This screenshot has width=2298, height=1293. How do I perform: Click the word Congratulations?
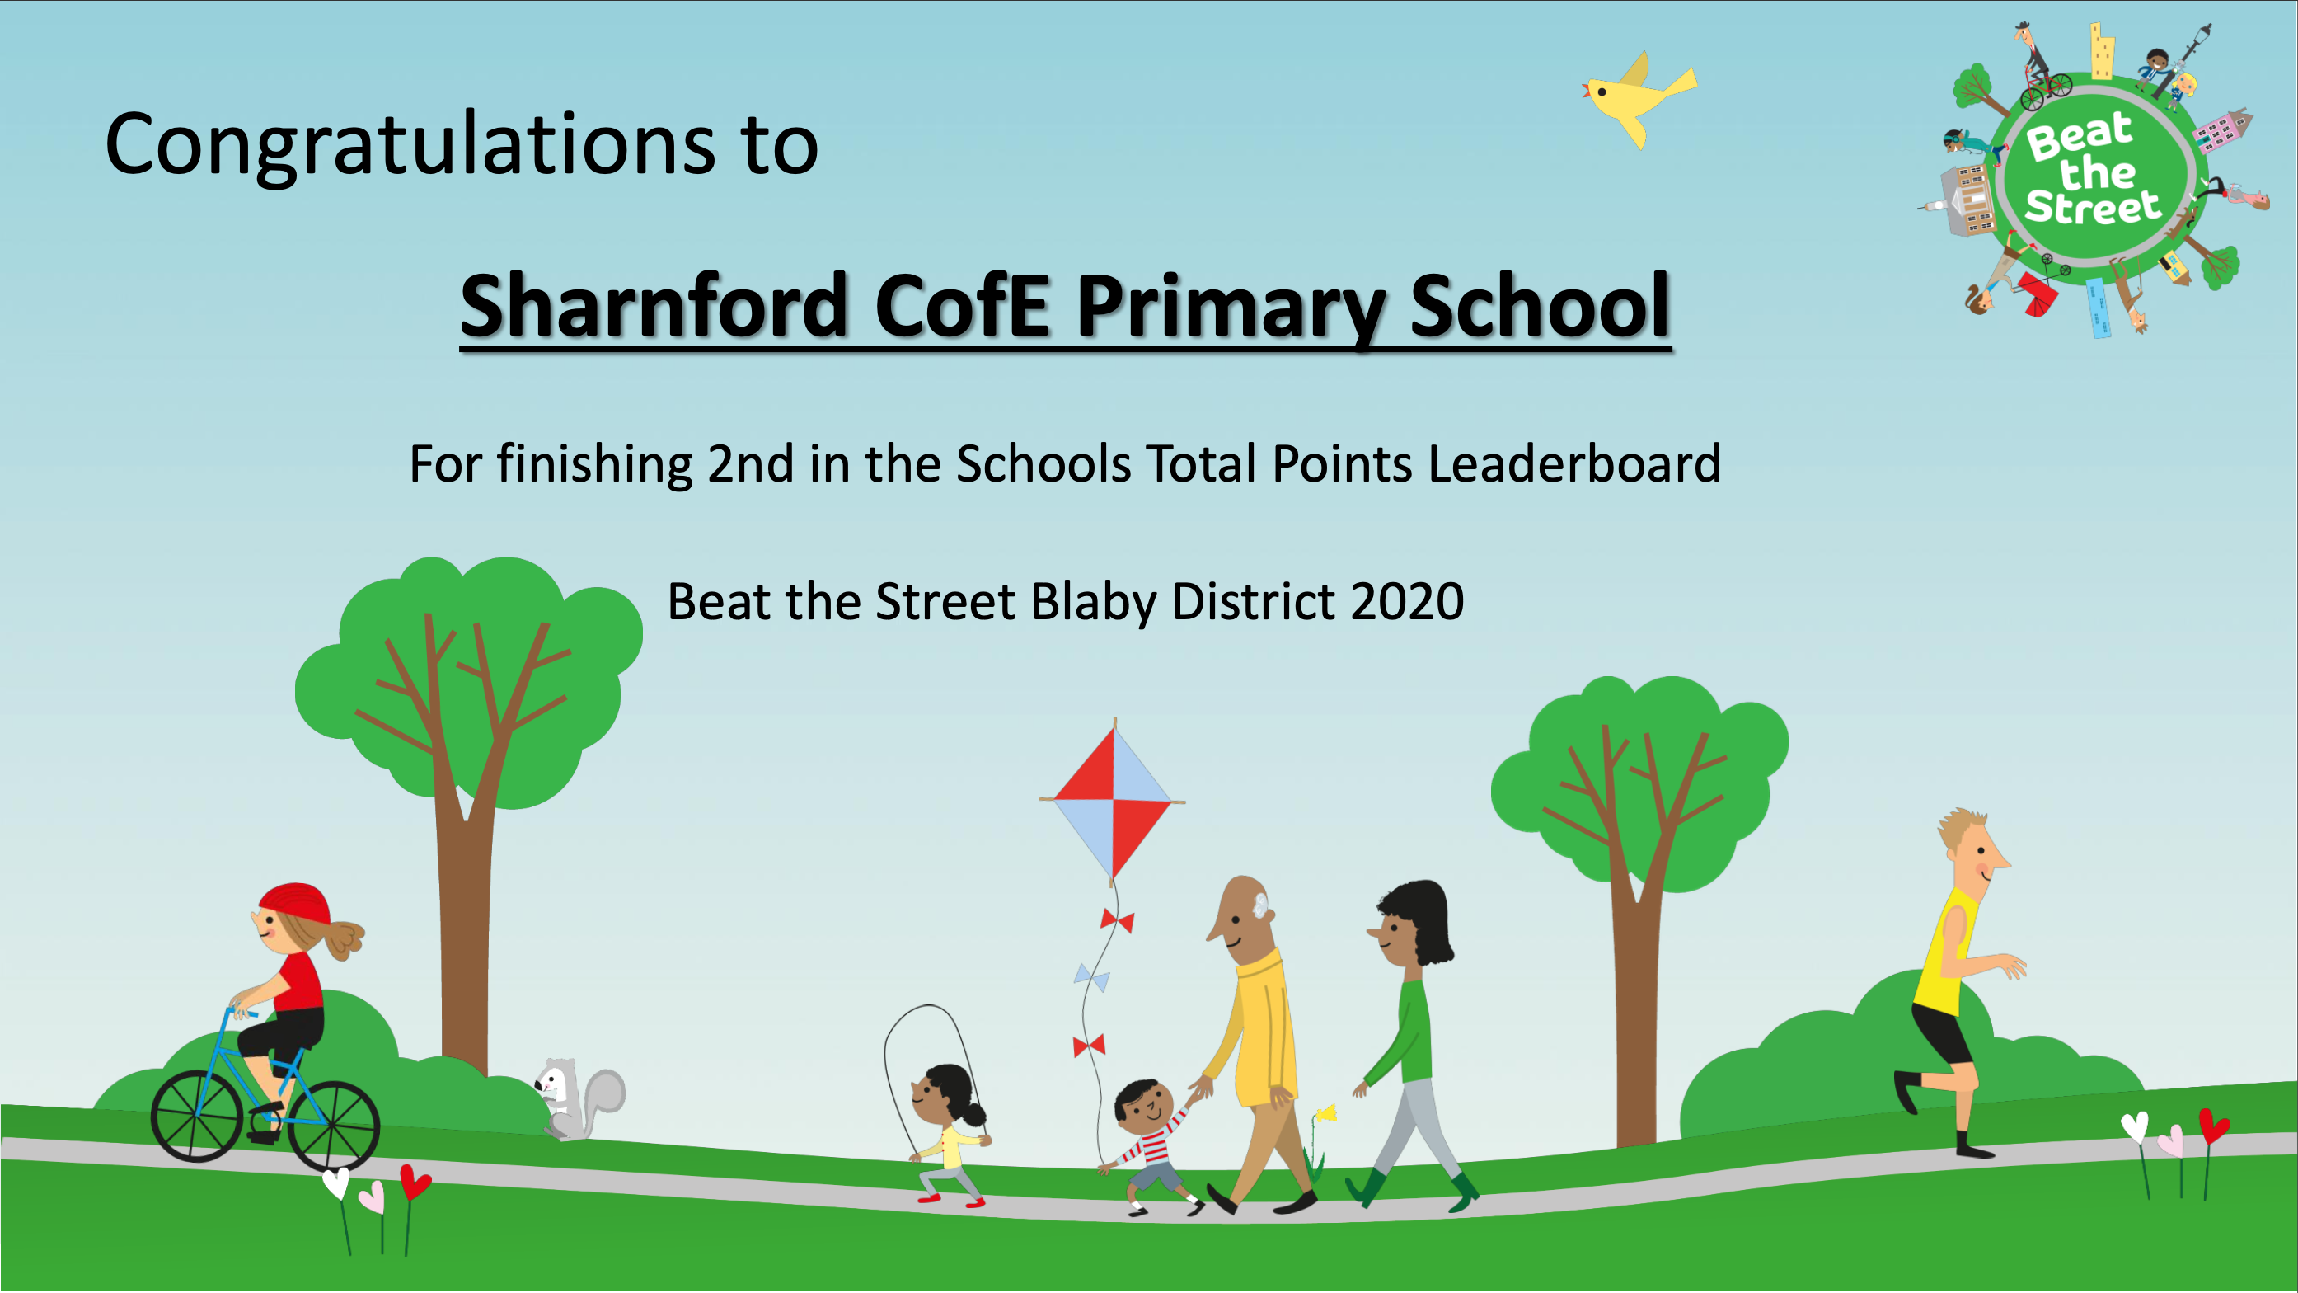click(x=410, y=144)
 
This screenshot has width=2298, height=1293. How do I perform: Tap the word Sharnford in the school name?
click(x=654, y=305)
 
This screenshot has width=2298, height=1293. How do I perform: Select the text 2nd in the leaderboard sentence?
click(x=750, y=464)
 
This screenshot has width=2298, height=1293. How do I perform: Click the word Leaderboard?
click(x=1574, y=464)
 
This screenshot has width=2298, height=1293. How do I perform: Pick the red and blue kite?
click(x=1113, y=800)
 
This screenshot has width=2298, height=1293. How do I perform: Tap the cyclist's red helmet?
click(x=296, y=903)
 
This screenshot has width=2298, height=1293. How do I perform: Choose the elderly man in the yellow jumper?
click(x=1258, y=1044)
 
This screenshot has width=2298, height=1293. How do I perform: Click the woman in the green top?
click(x=1409, y=1044)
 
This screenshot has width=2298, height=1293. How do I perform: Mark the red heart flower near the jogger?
click(x=2214, y=1126)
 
